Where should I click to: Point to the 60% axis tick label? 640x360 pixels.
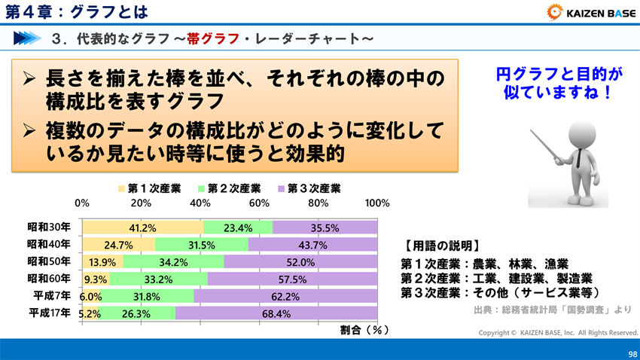tap(259, 203)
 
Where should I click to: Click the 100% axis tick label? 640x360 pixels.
tap(376, 203)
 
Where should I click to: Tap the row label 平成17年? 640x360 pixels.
tap(49, 313)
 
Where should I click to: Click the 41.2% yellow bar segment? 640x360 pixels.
tap(142, 227)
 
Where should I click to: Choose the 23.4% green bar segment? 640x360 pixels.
tap(238, 227)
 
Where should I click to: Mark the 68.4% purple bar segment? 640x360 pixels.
tap(276, 313)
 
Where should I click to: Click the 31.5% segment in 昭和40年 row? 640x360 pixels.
tap(202, 245)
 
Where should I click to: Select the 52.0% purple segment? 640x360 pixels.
tap(300, 262)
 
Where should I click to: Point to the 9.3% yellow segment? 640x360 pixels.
tap(96, 279)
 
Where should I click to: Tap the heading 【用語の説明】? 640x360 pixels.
tap(441, 246)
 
